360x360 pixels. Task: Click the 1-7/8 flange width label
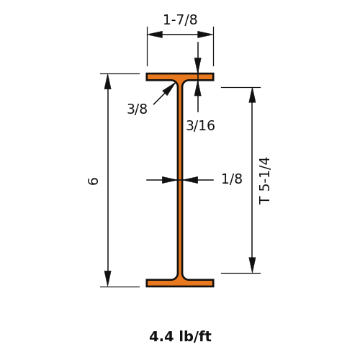coord(180,19)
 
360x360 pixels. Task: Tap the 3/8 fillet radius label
coord(137,109)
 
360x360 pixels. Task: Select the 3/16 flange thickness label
coord(200,126)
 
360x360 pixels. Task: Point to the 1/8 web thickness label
coord(232,179)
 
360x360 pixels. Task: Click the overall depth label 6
coord(93,181)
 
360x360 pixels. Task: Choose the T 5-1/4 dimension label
coord(264,181)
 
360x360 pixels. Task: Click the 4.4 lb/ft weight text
coord(180,336)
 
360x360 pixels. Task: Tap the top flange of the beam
coord(180,77)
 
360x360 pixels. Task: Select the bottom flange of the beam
coord(180,283)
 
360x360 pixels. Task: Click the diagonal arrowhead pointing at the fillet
coord(169,89)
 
